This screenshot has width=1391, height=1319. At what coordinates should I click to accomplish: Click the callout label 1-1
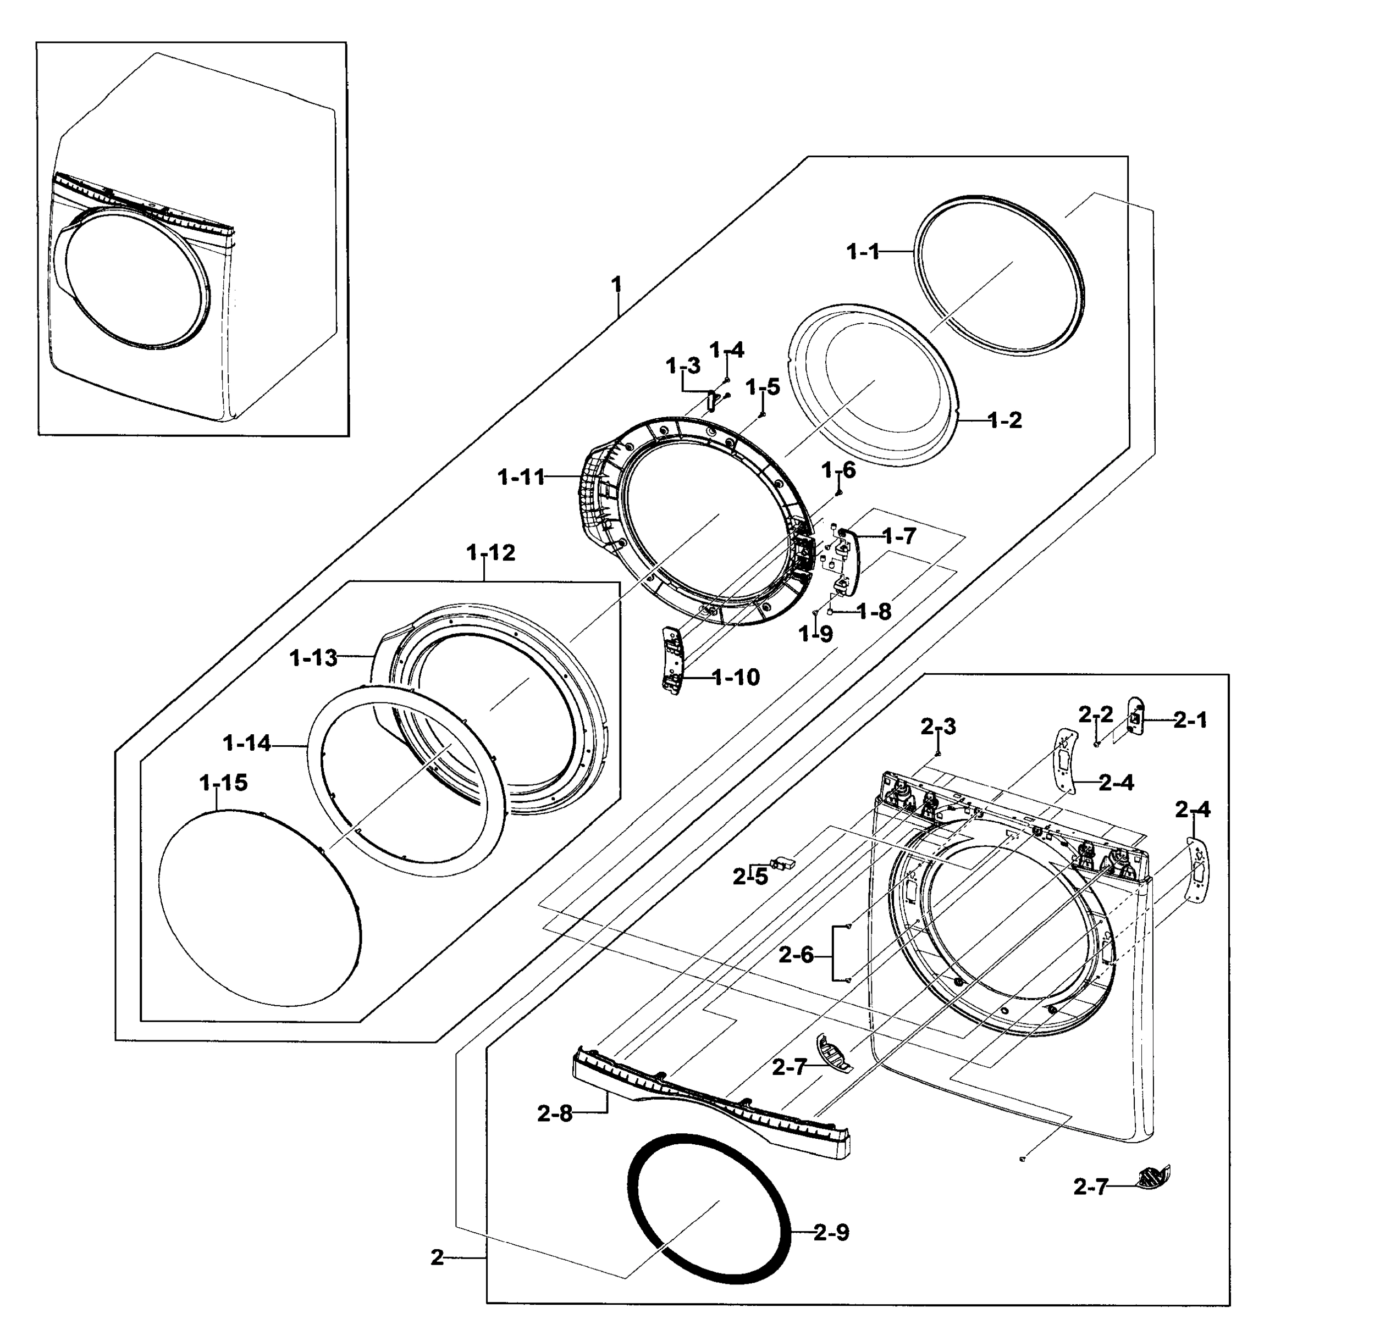pos(862,251)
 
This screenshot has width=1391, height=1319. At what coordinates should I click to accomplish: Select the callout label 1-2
pos(1004,420)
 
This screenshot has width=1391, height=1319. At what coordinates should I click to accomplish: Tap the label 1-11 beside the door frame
pos(521,478)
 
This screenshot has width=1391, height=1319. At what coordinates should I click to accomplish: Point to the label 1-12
pos(491,553)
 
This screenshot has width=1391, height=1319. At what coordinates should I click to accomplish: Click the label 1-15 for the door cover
pos(224,783)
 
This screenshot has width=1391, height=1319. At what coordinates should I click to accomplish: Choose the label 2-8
pos(555,1113)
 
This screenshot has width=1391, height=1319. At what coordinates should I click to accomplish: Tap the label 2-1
pos(1190,720)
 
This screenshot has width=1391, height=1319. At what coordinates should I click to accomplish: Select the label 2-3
pos(938,727)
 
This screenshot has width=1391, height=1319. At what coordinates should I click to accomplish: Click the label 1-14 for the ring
pos(246,743)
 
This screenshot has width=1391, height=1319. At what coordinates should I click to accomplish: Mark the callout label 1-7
pos(899,536)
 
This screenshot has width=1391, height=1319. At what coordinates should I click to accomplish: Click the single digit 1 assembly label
pos(617,285)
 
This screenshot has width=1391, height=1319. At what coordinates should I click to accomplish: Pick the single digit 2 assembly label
pos(438,1258)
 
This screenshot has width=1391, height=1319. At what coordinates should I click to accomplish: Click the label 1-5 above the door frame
pos(763,387)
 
